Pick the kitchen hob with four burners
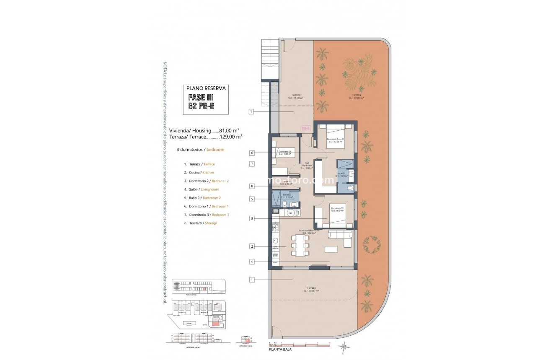tap(276, 228)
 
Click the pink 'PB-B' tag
tap(305, 129)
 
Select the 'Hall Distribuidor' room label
tap(307, 166)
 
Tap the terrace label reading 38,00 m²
tap(310, 289)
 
